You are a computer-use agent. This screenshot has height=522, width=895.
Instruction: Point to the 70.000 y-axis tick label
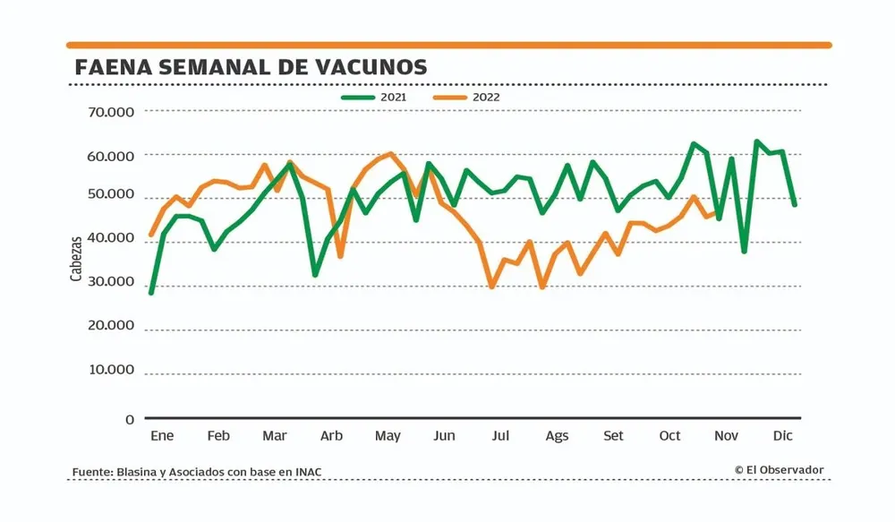pyautogui.click(x=112, y=112)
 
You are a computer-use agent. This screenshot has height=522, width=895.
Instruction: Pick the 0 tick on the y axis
pyautogui.click(x=130, y=419)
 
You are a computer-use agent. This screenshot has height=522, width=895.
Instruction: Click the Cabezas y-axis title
pyautogui.click(x=76, y=258)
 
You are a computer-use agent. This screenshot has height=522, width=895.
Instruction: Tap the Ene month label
pyautogui.click(x=162, y=436)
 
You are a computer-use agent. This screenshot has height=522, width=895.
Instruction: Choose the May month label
pyautogui.click(x=388, y=436)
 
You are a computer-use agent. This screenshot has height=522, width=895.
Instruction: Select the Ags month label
pyautogui.click(x=557, y=436)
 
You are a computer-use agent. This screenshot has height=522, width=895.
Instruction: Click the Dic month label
pyautogui.click(x=783, y=436)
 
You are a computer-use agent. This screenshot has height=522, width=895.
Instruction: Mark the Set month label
pyautogui.click(x=614, y=436)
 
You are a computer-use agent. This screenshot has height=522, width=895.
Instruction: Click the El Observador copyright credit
pyautogui.click(x=780, y=469)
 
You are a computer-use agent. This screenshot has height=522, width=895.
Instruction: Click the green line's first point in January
pyautogui.click(x=151, y=293)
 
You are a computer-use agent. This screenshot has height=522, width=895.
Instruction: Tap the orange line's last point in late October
pyautogui.click(x=716, y=212)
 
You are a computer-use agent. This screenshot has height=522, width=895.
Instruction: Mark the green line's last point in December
pyautogui.click(x=794, y=204)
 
